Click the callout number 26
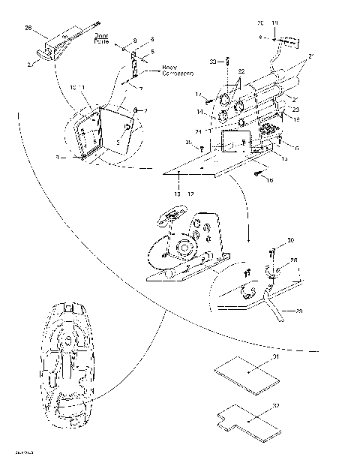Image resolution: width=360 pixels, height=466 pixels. [28, 29]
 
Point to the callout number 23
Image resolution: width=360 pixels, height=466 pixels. [295, 110]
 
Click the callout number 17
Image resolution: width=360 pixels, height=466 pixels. [200, 94]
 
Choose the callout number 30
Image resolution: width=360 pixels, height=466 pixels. [290, 240]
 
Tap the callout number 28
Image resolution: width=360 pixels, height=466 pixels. [294, 260]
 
